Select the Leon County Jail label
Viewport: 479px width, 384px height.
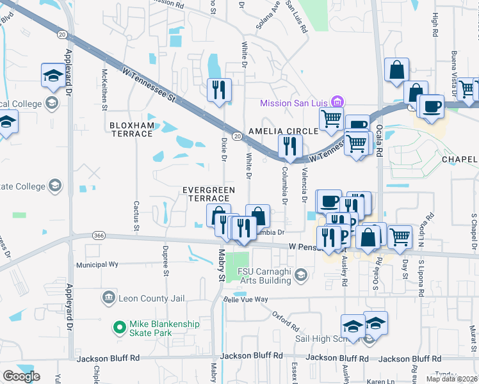click(145, 298)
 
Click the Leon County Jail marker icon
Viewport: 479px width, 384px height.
click(108, 298)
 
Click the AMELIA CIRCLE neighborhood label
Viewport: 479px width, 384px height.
click(282, 131)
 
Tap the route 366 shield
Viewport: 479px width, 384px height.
click(98, 236)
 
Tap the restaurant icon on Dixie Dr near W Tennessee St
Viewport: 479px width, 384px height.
click(219, 90)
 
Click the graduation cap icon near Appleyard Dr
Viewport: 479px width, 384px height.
click(53, 76)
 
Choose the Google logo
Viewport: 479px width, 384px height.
click(21, 376)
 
